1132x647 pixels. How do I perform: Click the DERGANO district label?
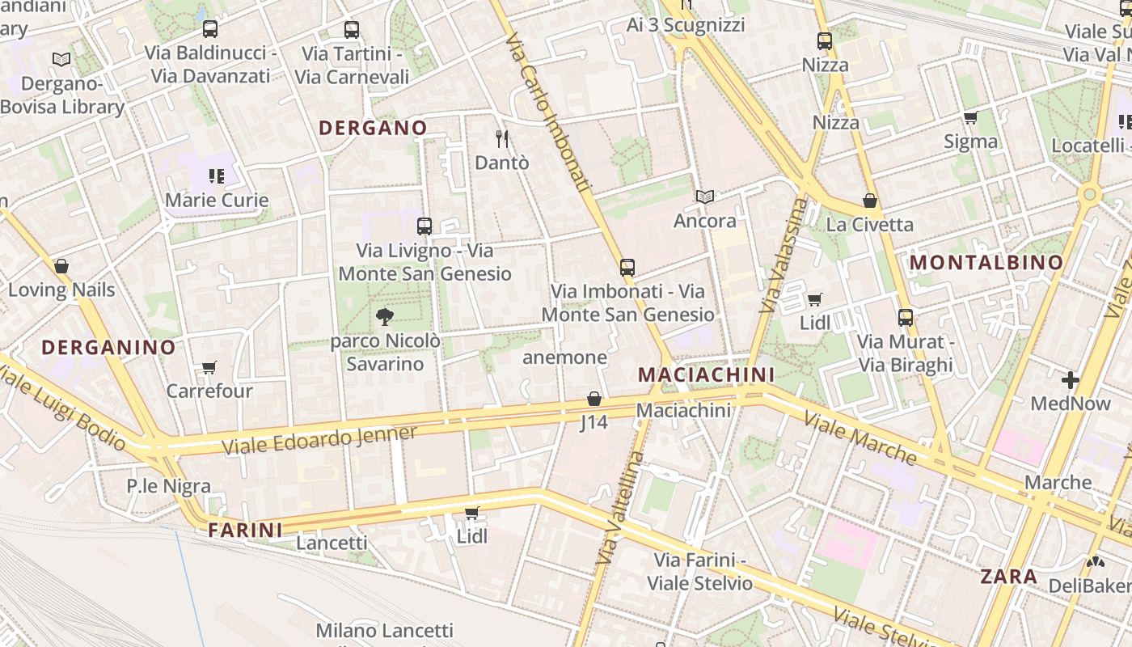point(373,128)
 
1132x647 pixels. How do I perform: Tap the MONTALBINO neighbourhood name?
point(986,262)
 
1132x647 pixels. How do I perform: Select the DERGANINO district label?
point(108,348)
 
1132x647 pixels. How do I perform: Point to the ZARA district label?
point(1008,577)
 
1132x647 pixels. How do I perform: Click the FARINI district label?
point(245,531)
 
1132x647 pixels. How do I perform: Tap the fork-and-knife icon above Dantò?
point(502,138)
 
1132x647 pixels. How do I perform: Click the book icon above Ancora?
point(705,197)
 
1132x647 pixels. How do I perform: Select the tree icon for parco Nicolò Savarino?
point(385,316)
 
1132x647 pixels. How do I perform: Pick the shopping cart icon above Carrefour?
point(209,368)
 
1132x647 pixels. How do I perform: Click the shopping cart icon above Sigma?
point(971,118)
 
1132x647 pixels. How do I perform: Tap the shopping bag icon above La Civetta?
point(870,201)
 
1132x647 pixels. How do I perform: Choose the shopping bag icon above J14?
point(594,399)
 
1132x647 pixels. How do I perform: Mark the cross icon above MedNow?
point(1071,379)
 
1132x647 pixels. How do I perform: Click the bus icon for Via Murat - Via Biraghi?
point(906,318)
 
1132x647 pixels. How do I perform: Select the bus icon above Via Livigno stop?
point(424,226)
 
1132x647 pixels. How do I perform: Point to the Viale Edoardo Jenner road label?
point(319,440)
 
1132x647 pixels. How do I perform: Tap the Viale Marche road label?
point(860,438)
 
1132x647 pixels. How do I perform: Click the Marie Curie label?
point(217,200)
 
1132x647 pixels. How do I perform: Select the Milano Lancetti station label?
point(385,630)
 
